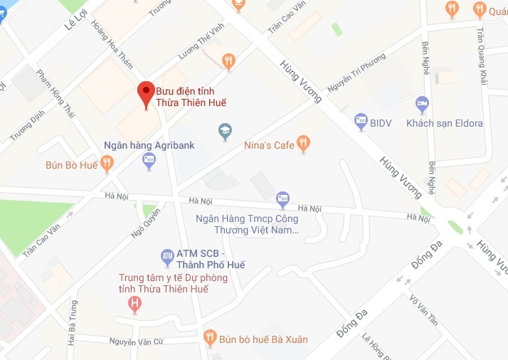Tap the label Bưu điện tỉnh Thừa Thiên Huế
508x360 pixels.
196,96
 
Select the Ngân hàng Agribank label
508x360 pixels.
149,144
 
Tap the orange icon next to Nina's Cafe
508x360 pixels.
304,144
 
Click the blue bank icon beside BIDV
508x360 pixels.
360,122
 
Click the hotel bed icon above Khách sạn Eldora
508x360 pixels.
422,104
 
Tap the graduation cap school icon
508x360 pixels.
225,132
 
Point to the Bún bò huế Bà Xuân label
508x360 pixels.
264,339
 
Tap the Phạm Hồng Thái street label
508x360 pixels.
55,92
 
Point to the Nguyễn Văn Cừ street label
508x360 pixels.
136,342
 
